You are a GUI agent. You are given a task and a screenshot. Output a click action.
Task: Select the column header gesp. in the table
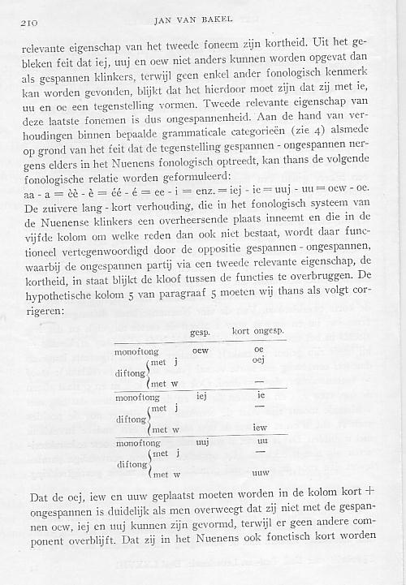tap(199, 333)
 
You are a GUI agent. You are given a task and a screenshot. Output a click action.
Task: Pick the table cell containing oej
tap(260, 361)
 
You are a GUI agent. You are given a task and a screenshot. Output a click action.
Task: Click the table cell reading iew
tap(261, 428)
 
